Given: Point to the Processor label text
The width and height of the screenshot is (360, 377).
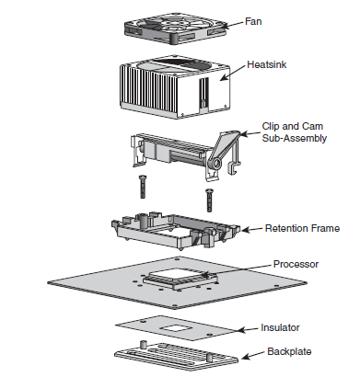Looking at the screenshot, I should point(296,263).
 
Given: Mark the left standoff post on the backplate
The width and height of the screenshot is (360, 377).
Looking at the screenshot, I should point(143,343).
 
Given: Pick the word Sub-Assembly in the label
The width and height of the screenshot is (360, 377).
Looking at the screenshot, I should point(292,141).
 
